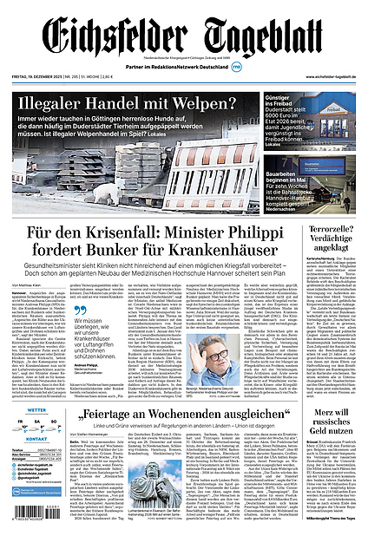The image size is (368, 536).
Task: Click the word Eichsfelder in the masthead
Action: point(113,37)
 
